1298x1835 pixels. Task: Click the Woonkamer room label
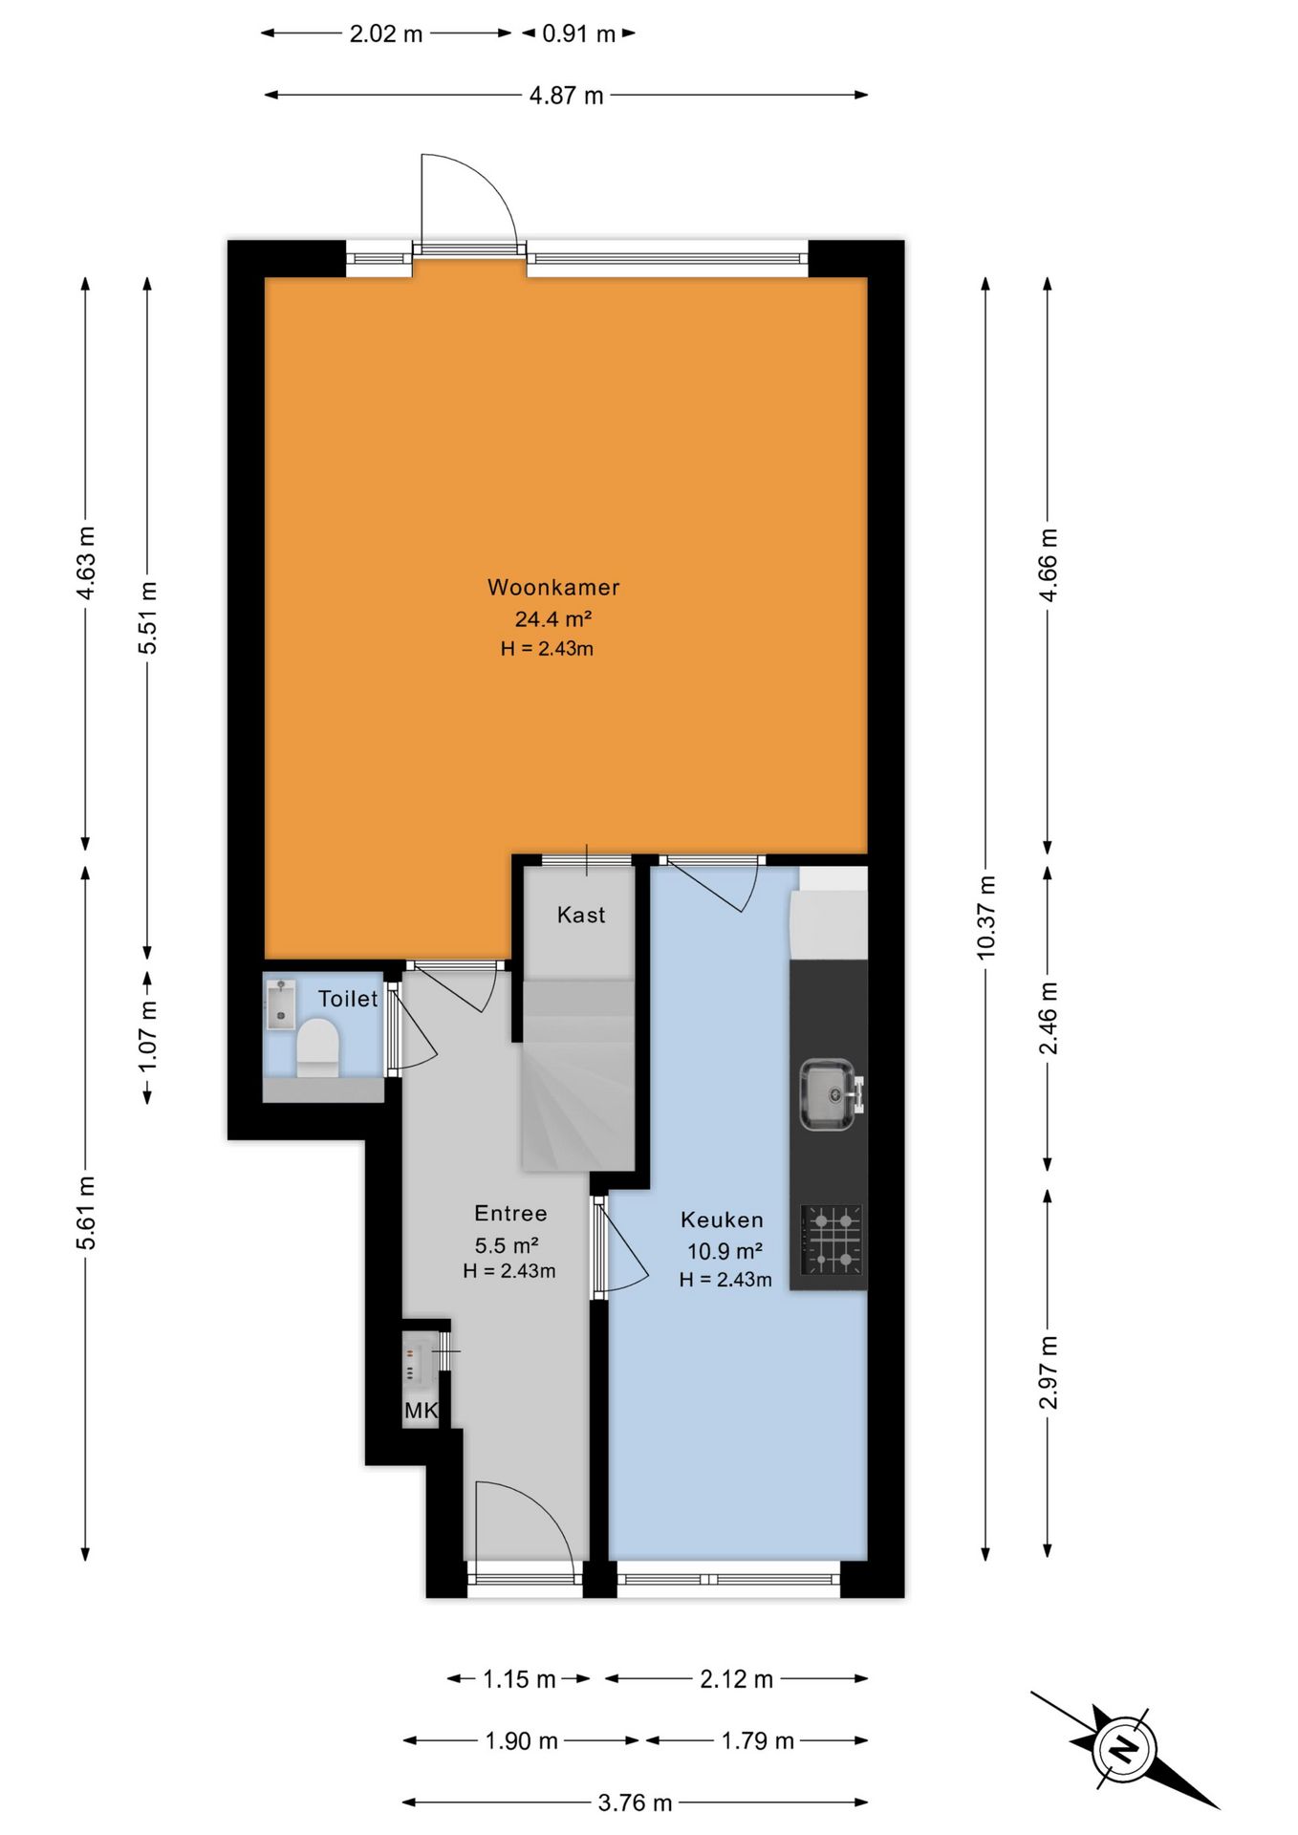pos(553,587)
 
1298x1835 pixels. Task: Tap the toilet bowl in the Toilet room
pos(317,1047)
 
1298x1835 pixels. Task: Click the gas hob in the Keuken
pos(832,1241)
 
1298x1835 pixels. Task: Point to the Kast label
pos(581,915)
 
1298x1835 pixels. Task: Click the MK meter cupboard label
pos(421,1411)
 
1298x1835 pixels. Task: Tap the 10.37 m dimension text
pos(986,917)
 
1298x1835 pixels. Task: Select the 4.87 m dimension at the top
pos(567,96)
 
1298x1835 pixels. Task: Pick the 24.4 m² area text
pos(553,618)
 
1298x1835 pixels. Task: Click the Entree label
pos(511,1213)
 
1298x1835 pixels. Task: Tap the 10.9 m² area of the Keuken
pos(725,1250)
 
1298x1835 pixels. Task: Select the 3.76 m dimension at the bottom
pos(635,1803)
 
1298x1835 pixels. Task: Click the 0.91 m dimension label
pos(579,34)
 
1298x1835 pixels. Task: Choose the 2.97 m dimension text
pos(1049,1372)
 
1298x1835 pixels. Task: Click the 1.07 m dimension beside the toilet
pos(148,1037)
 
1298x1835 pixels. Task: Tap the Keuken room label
pos(723,1220)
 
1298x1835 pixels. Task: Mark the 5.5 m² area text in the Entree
pos(507,1245)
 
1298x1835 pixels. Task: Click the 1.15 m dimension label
pos(519,1679)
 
